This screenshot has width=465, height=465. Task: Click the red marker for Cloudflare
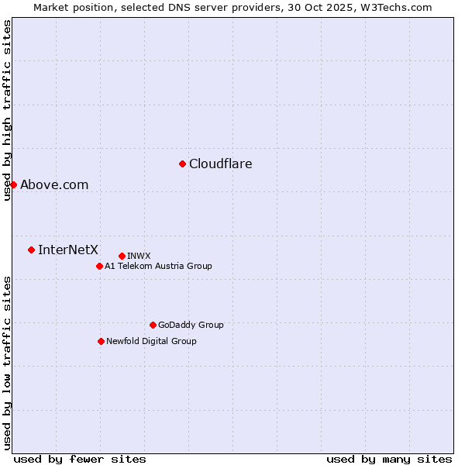[x=182, y=164]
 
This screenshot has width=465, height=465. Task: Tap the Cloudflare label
[x=221, y=164]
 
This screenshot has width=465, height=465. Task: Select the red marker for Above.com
[x=13, y=184]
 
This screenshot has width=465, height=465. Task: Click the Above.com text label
[x=54, y=184]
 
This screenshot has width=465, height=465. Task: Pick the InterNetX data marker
[x=31, y=250]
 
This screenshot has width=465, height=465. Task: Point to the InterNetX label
[x=68, y=250]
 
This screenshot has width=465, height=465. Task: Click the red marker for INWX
[x=122, y=256]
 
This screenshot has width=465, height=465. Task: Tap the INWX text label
[x=139, y=256]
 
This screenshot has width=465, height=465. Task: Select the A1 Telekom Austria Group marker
[x=99, y=266]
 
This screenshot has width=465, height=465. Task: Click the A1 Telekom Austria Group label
[x=158, y=266]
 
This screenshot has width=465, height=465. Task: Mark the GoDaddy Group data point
[x=153, y=325]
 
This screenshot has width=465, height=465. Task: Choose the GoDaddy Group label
[x=191, y=325]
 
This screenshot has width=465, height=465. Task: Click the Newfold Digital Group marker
[x=101, y=341]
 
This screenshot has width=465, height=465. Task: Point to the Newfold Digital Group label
[x=151, y=341]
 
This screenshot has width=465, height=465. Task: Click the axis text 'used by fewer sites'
[x=80, y=459]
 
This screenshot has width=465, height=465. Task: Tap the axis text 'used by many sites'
[x=389, y=459]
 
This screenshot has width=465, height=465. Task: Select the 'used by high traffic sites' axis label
[x=8, y=111]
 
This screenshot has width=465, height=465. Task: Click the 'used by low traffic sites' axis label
[x=8, y=363]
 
